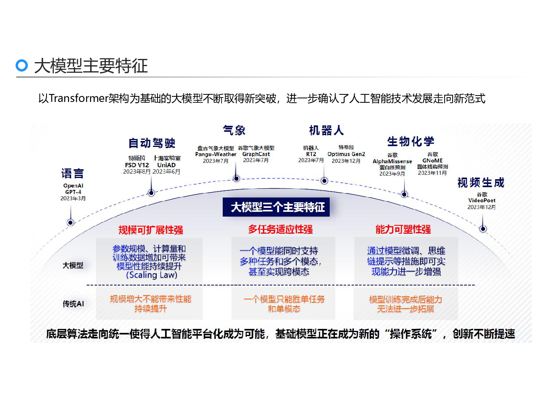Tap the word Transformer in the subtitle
pyautogui.click(x=78, y=98)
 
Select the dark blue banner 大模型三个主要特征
pyautogui.click(x=276, y=207)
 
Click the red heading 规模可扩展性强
pyautogui.click(x=150, y=230)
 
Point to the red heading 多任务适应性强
pyautogui.click(x=280, y=229)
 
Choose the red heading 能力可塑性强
pyautogui.click(x=403, y=229)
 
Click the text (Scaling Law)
pyautogui.click(x=152, y=275)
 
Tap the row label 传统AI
pyautogui.click(x=73, y=304)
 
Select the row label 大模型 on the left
pyautogui.click(x=73, y=265)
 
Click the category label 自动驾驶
pyautogui.click(x=152, y=143)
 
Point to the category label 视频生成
pyautogui.click(x=481, y=182)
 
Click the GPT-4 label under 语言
pyautogui.click(x=73, y=192)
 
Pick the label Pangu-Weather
pyautogui.click(x=216, y=154)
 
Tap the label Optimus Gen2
pyautogui.click(x=346, y=154)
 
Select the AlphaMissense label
pyautogui.click(x=392, y=161)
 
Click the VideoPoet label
pyautogui.click(x=482, y=200)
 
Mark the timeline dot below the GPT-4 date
pyautogui.click(x=70, y=222)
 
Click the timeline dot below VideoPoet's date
pyautogui.click(x=483, y=229)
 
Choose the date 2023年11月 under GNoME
pyautogui.click(x=432, y=173)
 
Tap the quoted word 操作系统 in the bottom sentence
pyautogui.click(x=411, y=334)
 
